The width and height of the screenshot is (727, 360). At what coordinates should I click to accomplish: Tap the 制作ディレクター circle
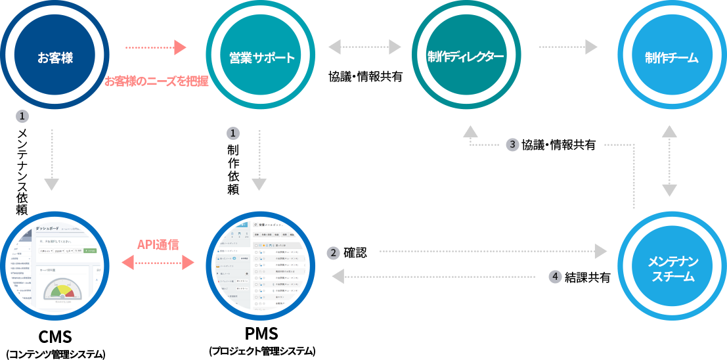tap(466, 56)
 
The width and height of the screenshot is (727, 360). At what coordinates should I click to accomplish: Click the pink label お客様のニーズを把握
tap(156, 81)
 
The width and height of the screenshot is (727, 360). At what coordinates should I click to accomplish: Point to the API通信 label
tap(158, 244)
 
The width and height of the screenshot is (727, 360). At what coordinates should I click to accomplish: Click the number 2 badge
tap(334, 253)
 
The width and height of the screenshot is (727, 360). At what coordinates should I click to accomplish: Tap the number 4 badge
tap(556, 277)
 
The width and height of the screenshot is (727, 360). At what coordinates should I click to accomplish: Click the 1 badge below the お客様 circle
tap(22, 116)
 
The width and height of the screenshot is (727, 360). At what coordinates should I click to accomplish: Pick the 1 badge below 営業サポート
tap(232, 133)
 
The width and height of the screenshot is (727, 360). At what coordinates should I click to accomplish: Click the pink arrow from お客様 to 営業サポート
tap(156, 47)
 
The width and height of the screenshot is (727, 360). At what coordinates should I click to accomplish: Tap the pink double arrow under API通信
tap(158, 263)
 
